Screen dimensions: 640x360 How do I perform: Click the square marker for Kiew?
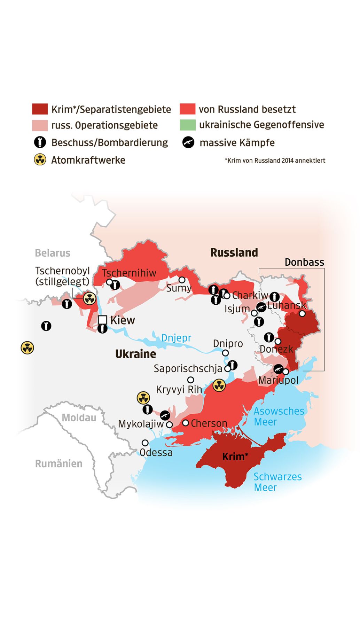(x=102, y=320)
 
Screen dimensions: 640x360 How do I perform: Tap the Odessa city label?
(x=156, y=452)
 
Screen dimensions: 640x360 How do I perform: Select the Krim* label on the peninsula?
(x=235, y=456)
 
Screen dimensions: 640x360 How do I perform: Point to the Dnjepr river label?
(x=176, y=338)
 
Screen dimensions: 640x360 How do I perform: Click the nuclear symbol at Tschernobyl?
(x=89, y=298)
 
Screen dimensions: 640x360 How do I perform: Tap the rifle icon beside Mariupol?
(x=278, y=369)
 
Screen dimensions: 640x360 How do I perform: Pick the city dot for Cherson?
(x=186, y=423)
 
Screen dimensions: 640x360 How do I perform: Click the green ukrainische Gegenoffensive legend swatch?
(x=188, y=125)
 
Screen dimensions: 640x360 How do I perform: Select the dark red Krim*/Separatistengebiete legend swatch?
(x=40, y=109)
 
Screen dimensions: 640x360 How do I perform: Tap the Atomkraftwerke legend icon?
(x=40, y=160)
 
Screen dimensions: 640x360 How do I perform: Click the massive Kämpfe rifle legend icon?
(x=188, y=142)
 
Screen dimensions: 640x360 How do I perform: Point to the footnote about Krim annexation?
(x=275, y=161)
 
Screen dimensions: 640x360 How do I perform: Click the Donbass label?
(x=304, y=262)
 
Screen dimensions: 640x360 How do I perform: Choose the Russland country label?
(x=234, y=252)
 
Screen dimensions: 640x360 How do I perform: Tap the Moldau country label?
(x=79, y=417)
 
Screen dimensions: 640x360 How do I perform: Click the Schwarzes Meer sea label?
(x=277, y=482)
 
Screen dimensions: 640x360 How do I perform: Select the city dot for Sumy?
(x=182, y=280)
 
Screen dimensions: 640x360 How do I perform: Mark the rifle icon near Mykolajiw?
(x=165, y=415)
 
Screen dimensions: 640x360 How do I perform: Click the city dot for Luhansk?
(x=302, y=313)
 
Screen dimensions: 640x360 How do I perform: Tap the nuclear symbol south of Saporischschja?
(x=219, y=385)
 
